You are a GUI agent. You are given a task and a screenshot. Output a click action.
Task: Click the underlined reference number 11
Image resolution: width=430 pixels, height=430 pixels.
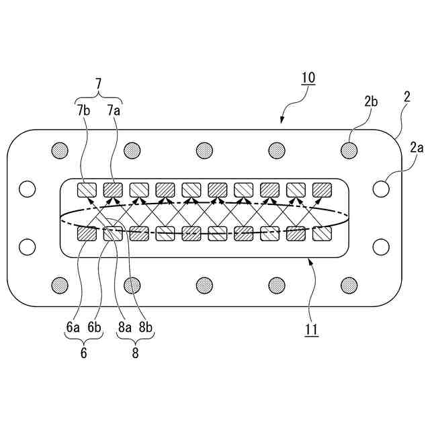311,329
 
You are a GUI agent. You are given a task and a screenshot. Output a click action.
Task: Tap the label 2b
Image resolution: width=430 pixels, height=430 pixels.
372,101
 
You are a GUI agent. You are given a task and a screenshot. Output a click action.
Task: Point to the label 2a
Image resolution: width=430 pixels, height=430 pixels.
417,147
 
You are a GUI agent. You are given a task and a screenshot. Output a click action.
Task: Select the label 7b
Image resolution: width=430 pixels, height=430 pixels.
83,110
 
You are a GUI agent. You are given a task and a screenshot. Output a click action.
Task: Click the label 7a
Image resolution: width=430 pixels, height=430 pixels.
114,110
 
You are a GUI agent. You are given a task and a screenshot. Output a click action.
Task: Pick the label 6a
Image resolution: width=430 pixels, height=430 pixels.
73,327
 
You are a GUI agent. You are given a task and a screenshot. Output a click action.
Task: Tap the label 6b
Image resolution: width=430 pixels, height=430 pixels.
95,327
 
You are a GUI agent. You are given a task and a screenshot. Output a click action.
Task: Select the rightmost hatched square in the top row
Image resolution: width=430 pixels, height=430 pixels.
322,190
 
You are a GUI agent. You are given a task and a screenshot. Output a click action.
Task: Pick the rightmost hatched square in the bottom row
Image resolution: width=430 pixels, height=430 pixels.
322,234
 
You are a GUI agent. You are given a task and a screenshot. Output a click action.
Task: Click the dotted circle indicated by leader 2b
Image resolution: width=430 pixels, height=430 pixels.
349,148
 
